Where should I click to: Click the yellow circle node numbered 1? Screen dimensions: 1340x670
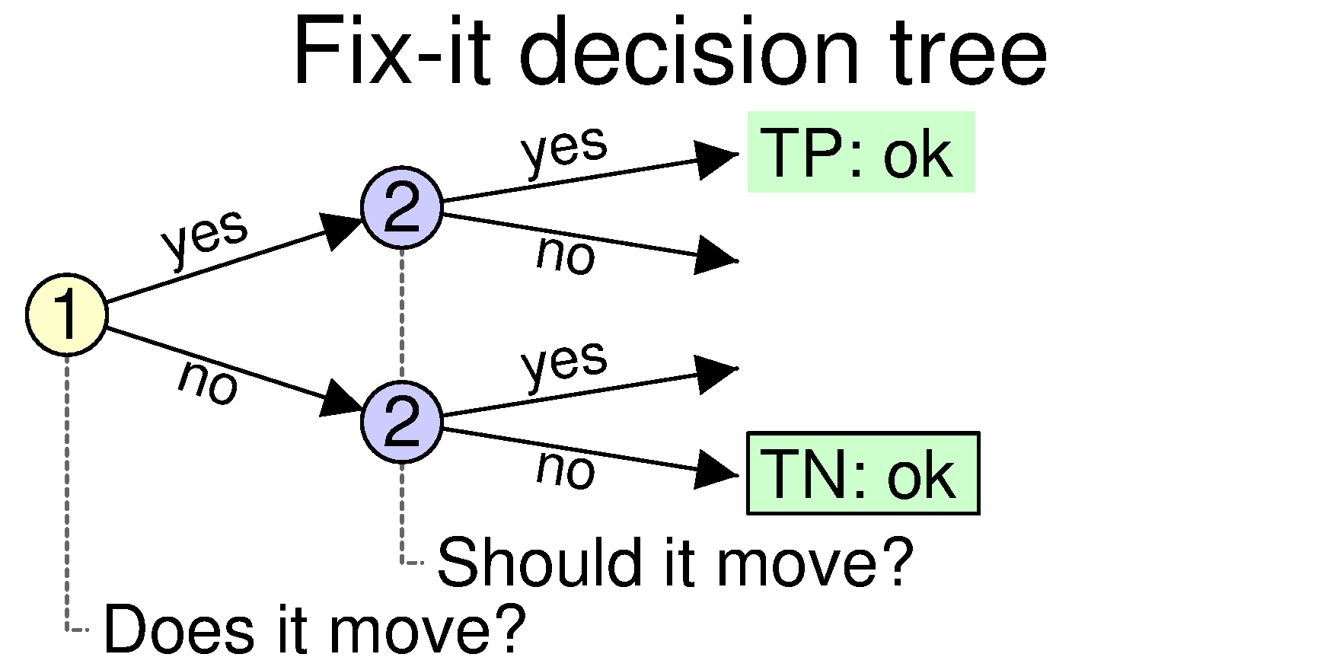67,314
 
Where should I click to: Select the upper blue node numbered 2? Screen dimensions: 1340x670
402,207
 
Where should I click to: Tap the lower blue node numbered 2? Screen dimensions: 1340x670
402,421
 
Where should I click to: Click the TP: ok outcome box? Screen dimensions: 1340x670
861,152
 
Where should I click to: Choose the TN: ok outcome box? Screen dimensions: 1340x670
863,474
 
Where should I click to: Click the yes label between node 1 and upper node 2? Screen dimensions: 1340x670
205,235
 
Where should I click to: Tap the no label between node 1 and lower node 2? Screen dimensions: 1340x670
208,382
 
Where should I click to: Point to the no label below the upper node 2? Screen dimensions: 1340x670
566,254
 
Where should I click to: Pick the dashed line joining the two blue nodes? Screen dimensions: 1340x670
402,314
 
